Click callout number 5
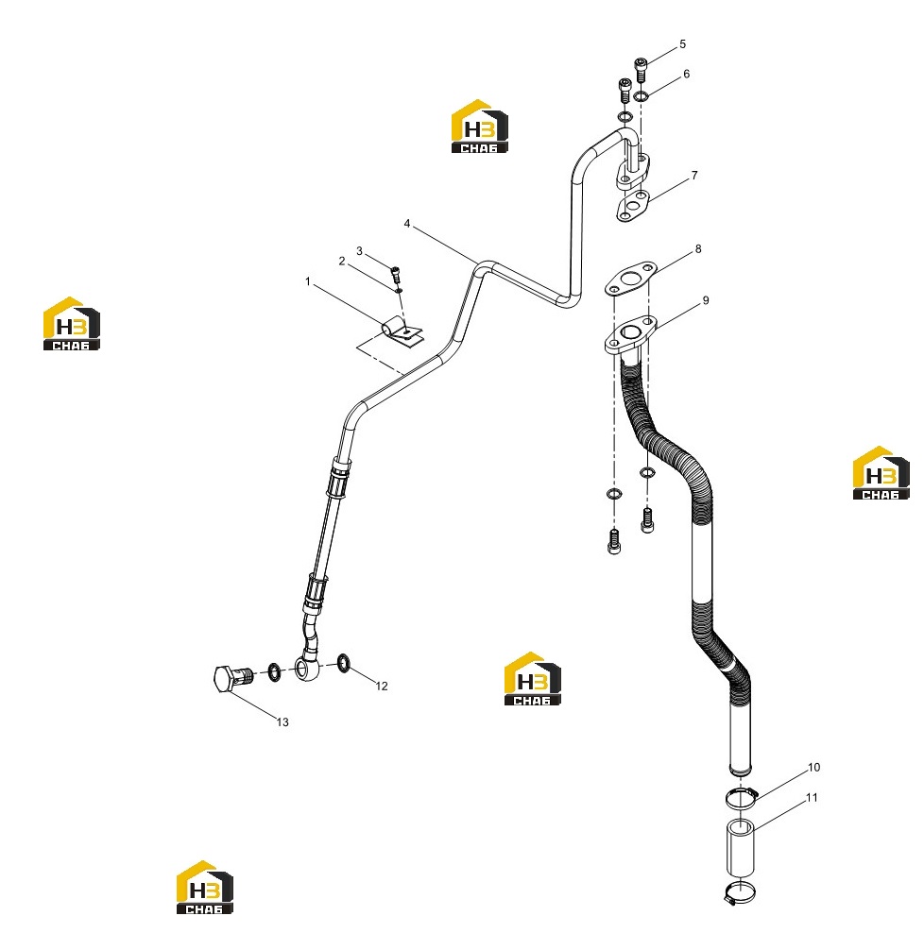click(x=682, y=44)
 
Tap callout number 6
click(x=686, y=74)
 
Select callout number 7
click(x=694, y=176)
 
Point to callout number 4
click(x=407, y=224)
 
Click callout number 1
click(x=308, y=281)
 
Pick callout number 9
click(x=706, y=300)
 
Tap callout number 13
click(x=282, y=722)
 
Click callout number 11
click(x=812, y=798)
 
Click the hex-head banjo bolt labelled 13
click(x=233, y=678)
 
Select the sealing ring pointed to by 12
click(x=344, y=663)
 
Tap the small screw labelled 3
click(x=396, y=275)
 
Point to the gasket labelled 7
click(x=633, y=206)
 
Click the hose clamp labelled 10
click(x=741, y=797)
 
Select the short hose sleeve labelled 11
click(x=741, y=848)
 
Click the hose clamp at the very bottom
click(x=741, y=892)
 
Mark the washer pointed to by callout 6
click(x=642, y=95)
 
